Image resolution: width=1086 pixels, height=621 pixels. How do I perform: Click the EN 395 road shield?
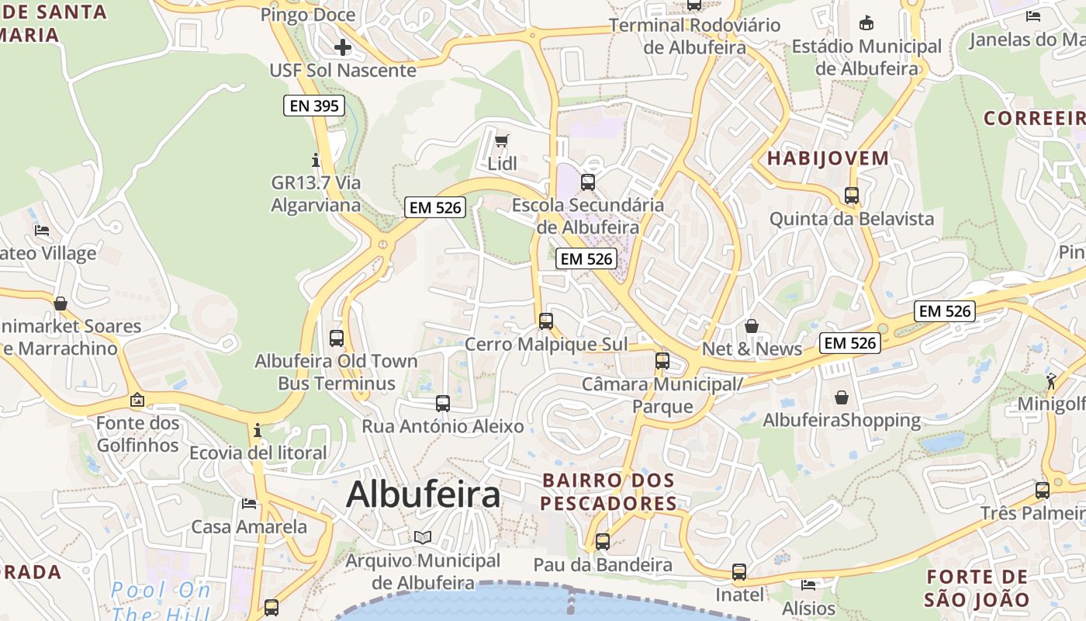click(x=314, y=106)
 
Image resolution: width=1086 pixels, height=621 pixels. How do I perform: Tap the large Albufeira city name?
click(x=423, y=494)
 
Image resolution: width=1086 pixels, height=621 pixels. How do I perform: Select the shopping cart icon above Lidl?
click(x=502, y=141)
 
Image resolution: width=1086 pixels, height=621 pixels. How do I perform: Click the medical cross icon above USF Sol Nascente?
click(x=342, y=47)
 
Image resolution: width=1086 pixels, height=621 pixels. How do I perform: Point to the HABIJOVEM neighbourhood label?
click(x=828, y=158)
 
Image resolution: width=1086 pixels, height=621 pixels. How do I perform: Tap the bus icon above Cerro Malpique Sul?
click(x=546, y=321)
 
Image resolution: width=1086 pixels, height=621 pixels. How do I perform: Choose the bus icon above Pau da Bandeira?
click(x=603, y=542)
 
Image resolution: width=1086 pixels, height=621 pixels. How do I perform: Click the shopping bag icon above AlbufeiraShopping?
click(x=842, y=398)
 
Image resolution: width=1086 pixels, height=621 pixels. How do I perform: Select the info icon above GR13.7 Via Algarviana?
click(x=316, y=161)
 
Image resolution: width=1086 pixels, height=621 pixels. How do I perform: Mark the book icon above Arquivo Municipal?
click(x=423, y=537)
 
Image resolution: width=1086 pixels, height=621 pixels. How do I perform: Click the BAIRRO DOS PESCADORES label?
click(x=609, y=492)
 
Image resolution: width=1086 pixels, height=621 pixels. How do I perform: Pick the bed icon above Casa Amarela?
click(x=249, y=504)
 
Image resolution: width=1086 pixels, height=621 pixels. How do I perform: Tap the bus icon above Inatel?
click(x=739, y=572)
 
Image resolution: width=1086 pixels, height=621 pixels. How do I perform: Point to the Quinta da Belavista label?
click(x=851, y=219)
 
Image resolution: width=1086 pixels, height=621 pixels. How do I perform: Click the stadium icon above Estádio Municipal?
click(x=866, y=23)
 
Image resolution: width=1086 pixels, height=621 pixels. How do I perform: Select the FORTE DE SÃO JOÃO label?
click(x=977, y=588)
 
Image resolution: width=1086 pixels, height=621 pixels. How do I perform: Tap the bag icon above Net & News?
click(x=751, y=326)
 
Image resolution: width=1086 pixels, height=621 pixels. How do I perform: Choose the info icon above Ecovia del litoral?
click(x=258, y=430)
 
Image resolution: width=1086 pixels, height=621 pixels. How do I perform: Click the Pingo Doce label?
click(x=308, y=15)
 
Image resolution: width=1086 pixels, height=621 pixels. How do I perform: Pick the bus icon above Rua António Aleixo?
click(x=443, y=404)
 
